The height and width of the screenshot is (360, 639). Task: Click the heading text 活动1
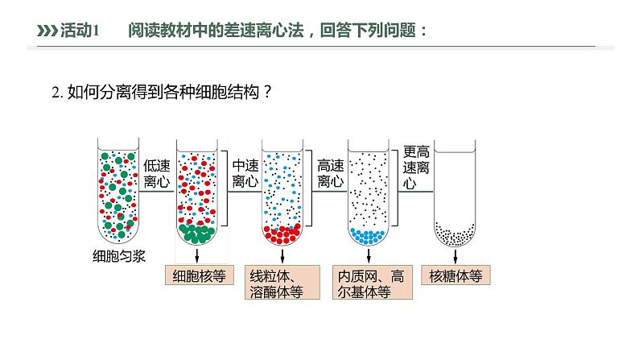pyautogui.click(x=80, y=31)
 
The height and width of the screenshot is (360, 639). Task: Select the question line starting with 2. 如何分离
pyautogui.click(x=161, y=93)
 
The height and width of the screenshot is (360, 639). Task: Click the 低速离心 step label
pyautogui.click(x=157, y=173)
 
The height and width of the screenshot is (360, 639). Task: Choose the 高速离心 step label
pyautogui.click(x=331, y=173)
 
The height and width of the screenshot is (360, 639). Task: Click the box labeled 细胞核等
pyautogui.click(x=198, y=275)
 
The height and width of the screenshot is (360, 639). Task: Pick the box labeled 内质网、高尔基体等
pyautogui.click(x=369, y=283)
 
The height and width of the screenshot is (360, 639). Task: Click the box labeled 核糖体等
pyautogui.click(x=456, y=275)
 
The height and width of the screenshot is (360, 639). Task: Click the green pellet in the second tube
pyautogui.click(x=197, y=234)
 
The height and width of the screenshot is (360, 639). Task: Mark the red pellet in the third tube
pyautogui.click(x=283, y=234)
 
